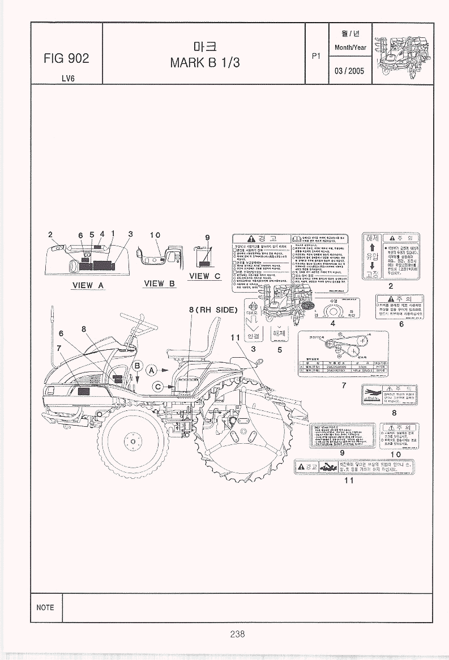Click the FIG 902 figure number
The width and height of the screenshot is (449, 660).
[x=66, y=59]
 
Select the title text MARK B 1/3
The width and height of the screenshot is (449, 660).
[x=205, y=63]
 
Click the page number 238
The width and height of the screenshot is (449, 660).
[x=237, y=634]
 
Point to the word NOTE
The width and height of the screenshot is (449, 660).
[x=45, y=607]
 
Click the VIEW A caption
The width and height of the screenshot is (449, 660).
[x=87, y=285]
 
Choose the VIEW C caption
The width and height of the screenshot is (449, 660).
[x=205, y=276]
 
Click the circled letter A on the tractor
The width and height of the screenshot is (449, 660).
[x=152, y=370]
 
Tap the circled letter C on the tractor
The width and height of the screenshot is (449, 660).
[x=159, y=386]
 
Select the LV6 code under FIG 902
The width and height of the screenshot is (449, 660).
[x=66, y=78]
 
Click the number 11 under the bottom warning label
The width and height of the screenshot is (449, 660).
[x=349, y=481]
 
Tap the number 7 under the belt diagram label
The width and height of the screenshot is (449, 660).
[x=344, y=385]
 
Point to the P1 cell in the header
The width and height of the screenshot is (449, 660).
[x=317, y=55]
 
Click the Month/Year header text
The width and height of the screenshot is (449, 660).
[x=352, y=48]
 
